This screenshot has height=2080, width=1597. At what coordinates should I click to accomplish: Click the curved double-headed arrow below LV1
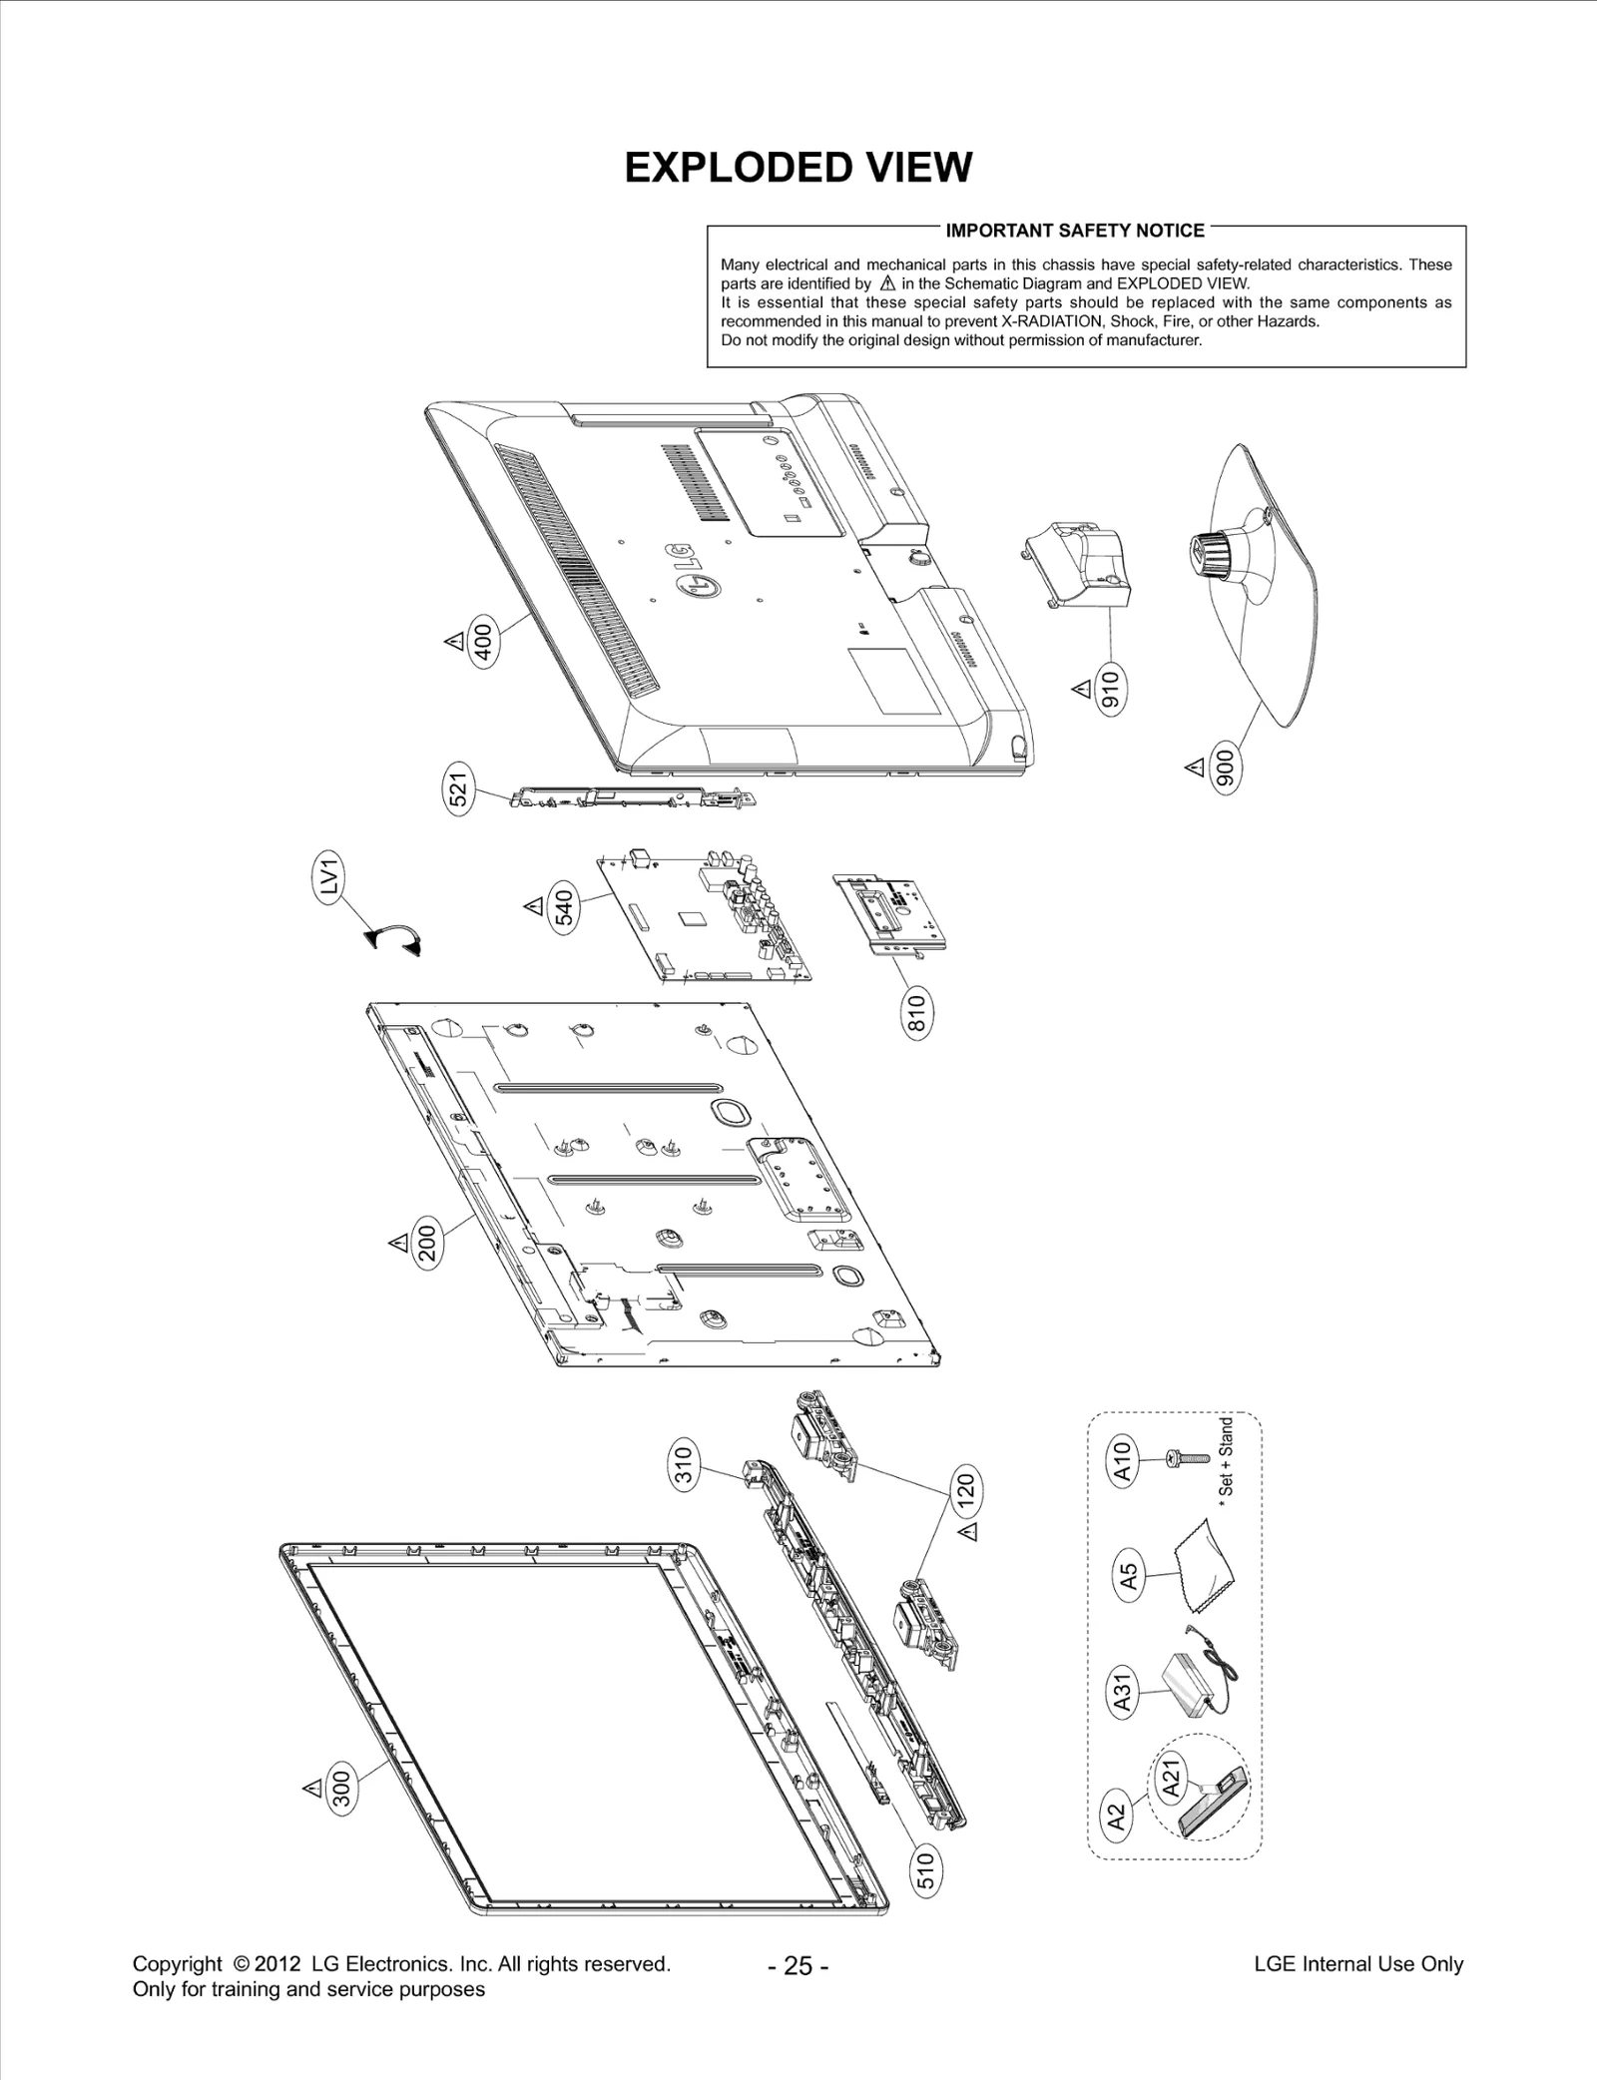394,940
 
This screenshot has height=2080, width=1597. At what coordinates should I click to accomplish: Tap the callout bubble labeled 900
1226,768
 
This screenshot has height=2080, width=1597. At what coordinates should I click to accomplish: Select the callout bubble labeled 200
427,1243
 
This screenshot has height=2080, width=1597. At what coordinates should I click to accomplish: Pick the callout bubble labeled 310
685,1466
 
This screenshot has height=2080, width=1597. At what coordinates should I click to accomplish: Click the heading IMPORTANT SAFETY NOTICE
1075,231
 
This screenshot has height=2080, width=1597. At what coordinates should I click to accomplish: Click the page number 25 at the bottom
798,1966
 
